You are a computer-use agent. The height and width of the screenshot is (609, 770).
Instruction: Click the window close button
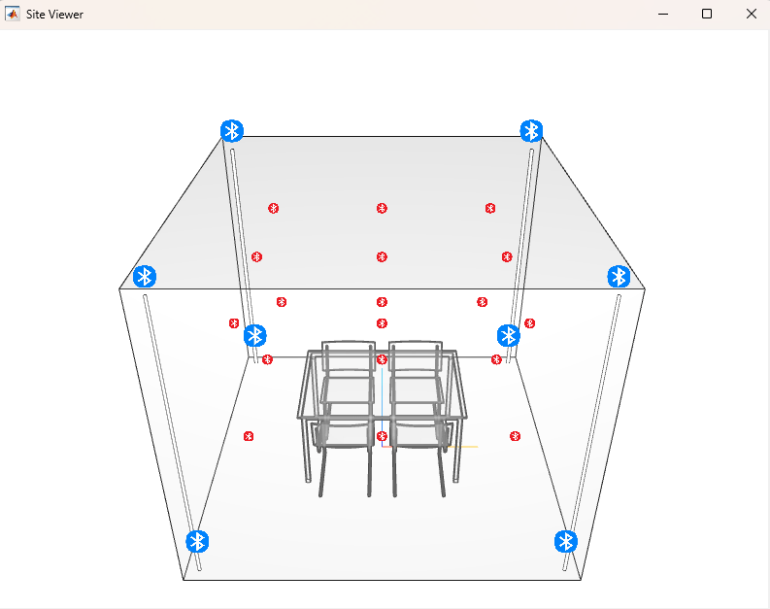pos(751,14)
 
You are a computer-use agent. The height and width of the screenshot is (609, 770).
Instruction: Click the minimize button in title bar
pos(663,14)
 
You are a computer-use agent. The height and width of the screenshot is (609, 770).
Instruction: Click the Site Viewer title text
pos(54,14)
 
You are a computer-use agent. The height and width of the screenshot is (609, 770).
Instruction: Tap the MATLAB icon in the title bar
pos(14,14)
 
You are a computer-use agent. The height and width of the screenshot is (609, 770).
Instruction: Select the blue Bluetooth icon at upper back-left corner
pos(232,131)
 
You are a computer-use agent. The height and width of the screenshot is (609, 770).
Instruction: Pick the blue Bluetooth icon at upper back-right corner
pos(531,131)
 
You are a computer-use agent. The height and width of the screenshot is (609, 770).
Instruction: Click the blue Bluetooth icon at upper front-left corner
pos(145,276)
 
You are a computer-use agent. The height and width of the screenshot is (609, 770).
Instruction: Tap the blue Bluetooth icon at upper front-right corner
pos(619,276)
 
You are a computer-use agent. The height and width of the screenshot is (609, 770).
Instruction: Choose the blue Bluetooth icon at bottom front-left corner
pos(198,541)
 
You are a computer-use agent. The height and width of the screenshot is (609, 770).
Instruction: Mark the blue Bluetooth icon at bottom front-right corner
pos(566,541)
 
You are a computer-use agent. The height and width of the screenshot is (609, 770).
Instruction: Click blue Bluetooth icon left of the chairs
pos(255,335)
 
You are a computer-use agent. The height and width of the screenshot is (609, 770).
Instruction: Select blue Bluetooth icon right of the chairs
pos(509,335)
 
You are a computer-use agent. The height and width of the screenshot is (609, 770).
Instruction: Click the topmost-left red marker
pos(274,208)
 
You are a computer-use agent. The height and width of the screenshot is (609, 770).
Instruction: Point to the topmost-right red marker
pos(490,208)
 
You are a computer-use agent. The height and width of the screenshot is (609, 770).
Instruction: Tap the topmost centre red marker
pos(382,208)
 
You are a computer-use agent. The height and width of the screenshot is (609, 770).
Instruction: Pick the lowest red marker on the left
pos(249,436)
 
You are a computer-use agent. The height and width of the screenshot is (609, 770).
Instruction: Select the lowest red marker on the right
pos(515,436)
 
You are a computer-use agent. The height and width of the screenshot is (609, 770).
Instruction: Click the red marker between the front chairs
pos(382,436)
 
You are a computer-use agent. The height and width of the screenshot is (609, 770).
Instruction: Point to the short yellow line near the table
pos(462,447)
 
